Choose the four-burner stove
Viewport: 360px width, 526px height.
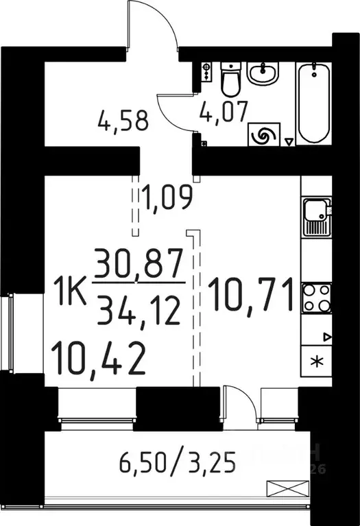pyautogui.click(x=316, y=298)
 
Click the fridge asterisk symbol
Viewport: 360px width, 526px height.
pyautogui.click(x=316, y=362)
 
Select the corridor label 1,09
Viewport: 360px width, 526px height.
pyautogui.click(x=166, y=198)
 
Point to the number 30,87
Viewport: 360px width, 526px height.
pyautogui.click(x=140, y=263)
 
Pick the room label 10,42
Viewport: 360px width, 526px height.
pyautogui.click(x=98, y=358)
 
